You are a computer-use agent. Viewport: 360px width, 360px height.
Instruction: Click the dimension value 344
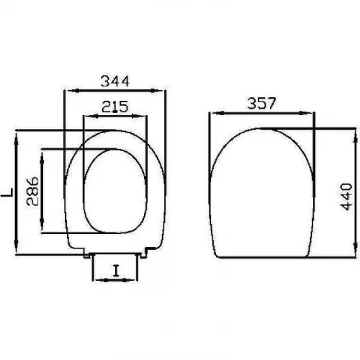click(115, 81)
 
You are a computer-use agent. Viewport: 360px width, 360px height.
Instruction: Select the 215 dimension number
click(115, 107)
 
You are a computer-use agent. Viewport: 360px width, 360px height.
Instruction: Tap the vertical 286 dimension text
click(32, 192)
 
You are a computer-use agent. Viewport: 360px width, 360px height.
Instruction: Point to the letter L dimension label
click(7, 192)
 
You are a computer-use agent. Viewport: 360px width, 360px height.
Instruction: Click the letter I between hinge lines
click(116, 271)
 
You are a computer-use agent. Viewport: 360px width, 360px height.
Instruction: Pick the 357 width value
click(261, 103)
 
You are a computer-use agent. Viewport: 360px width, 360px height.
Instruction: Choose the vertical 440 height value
click(346, 197)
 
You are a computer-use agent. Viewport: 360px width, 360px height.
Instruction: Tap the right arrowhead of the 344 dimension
click(156, 91)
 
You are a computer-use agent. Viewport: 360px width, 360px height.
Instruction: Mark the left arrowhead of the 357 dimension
click(218, 113)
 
